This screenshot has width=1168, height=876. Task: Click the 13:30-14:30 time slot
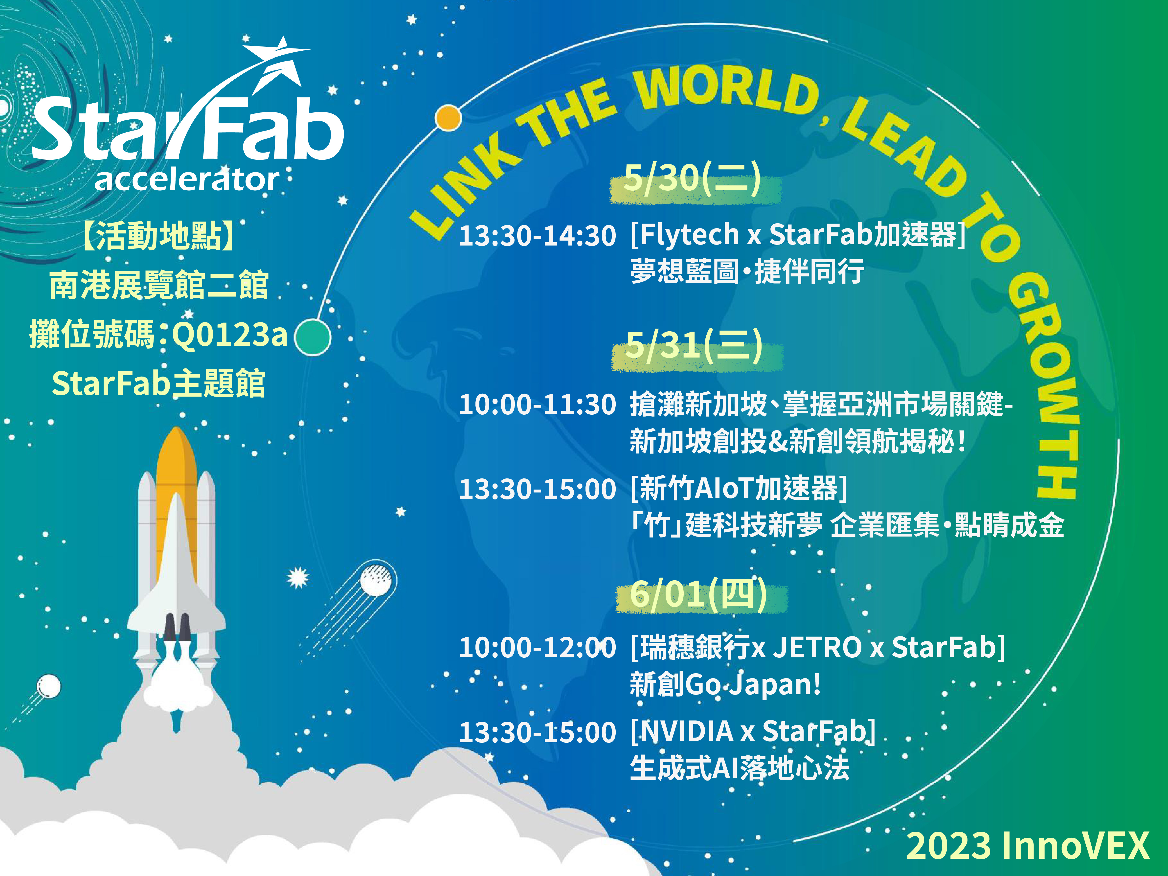(537, 235)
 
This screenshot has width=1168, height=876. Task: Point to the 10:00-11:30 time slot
(537, 404)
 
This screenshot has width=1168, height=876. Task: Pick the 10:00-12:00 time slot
(537, 647)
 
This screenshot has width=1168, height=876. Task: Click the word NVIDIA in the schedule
(686, 732)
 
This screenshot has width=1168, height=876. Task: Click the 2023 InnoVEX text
(1028, 845)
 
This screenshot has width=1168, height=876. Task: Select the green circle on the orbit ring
(313, 337)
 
